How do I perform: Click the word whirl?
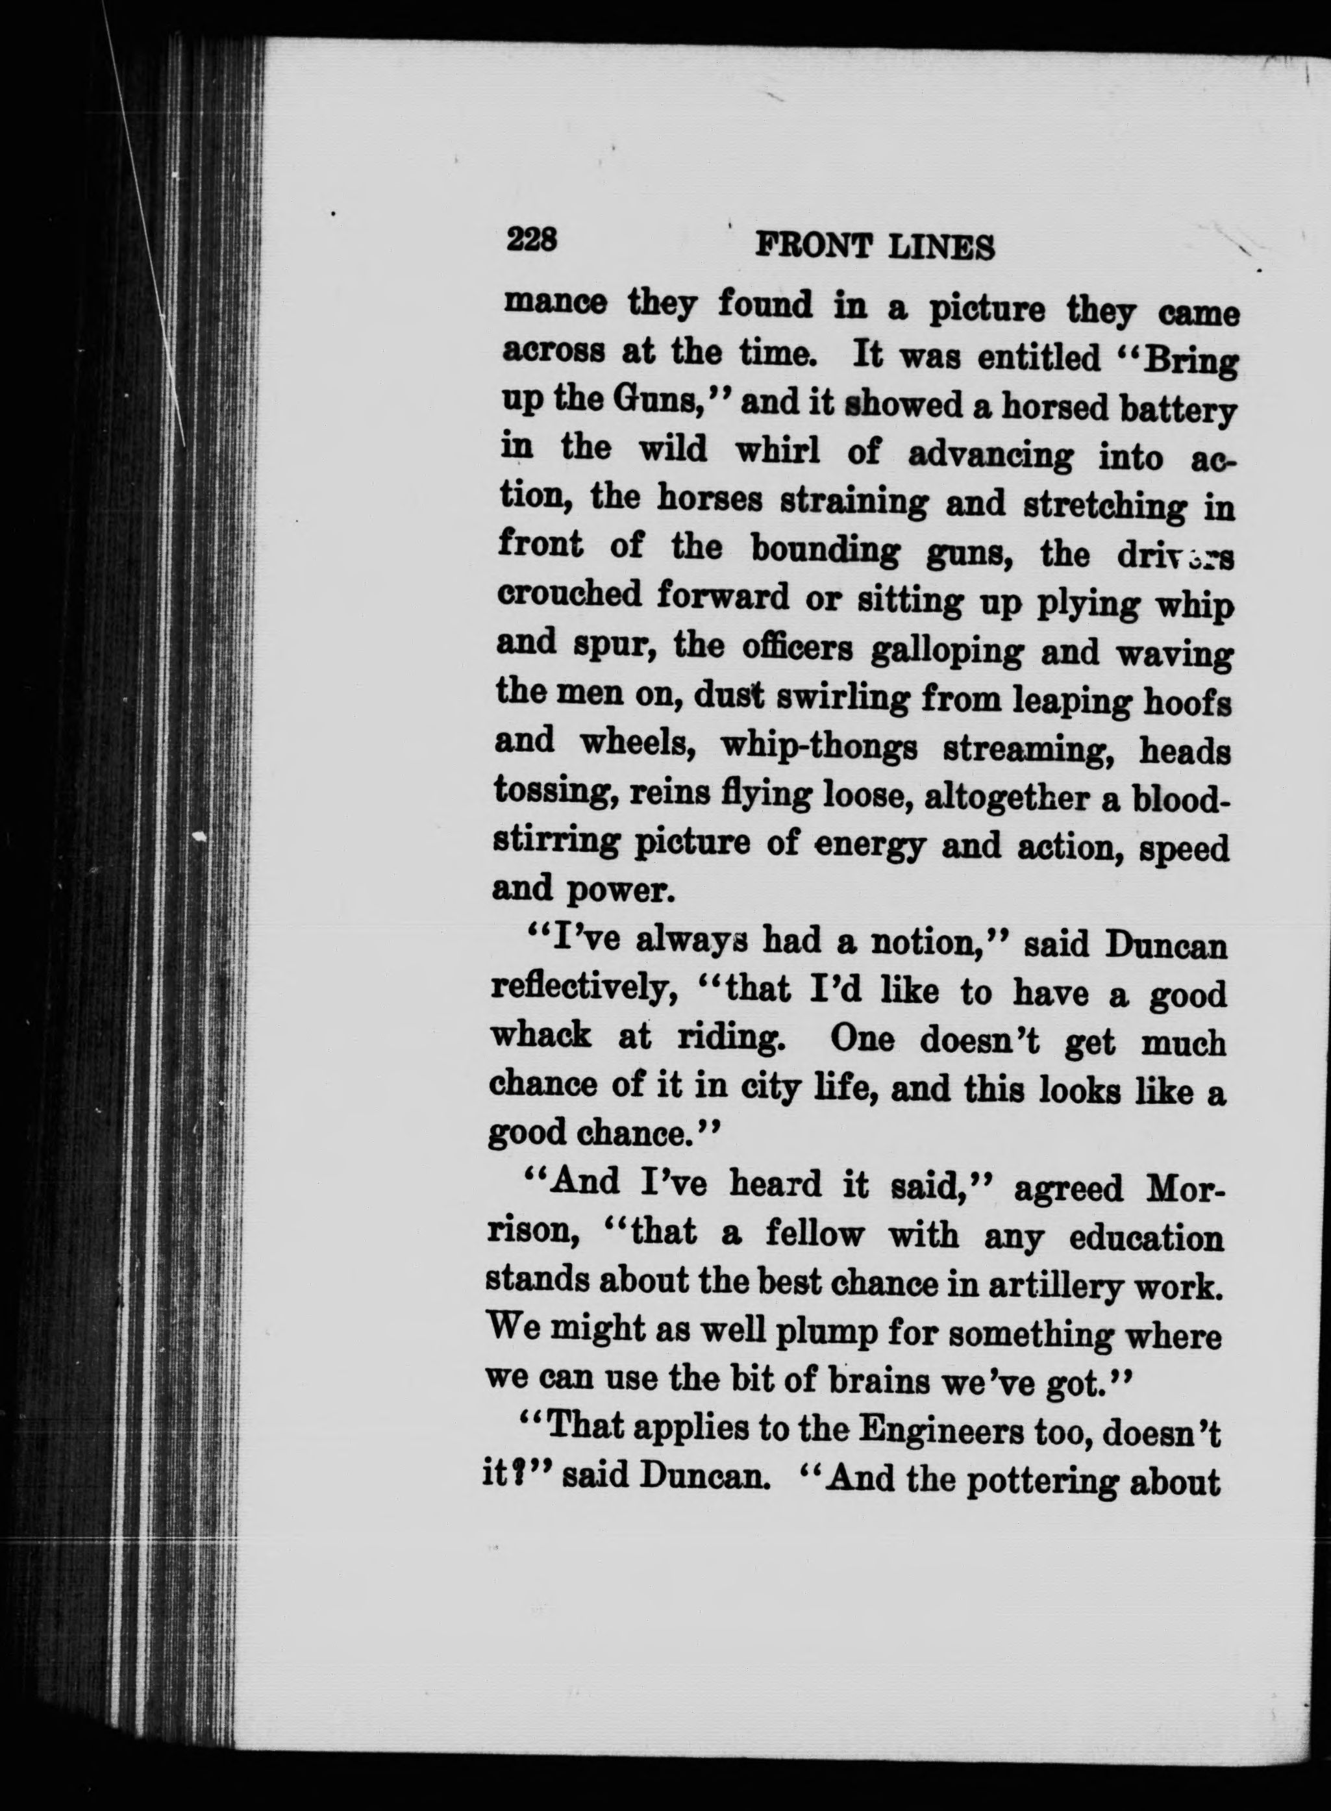(x=777, y=451)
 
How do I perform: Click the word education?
(x=1143, y=1238)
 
